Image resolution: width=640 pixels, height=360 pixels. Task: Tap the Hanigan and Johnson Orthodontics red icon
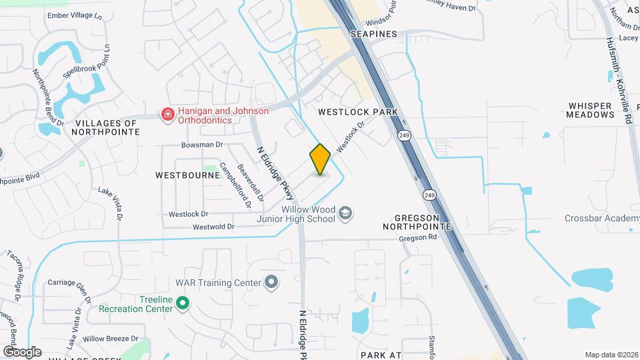pyautogui.click(x=167, y=115)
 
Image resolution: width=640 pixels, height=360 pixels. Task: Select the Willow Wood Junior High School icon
pyautogui.click(x=345, y=213)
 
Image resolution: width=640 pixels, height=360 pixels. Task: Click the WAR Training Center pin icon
pyautogui.click(x=271, y=283)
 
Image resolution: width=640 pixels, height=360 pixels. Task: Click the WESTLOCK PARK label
pyautogui.click(x=358, y=112)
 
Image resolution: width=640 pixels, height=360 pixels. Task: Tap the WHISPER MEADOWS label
pyautogui.click(x=590, y=110)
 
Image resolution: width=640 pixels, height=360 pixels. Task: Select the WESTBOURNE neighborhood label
pyautogui.click(x=187, y=175)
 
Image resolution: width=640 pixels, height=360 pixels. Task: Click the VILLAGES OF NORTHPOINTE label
pyautogui.click(x=107, y=127)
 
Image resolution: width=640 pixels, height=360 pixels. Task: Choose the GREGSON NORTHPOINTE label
pyautogui.click(x=423, y=222)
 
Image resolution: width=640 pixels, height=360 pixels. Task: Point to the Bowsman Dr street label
pyautogui.click(x=201, y=145)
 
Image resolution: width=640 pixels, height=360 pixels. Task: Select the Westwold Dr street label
pyautogui.click(x=213, y=227)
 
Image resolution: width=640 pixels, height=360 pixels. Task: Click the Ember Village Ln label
pyautogui.click(x=74, y=15)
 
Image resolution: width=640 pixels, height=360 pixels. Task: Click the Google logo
pyautogui.click(x=22, y=351)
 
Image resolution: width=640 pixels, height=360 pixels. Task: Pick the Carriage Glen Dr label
pyautogui.click(x=69, y=283)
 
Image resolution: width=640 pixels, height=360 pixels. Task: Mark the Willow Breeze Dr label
pyautogui.click(x=110, y=339)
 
